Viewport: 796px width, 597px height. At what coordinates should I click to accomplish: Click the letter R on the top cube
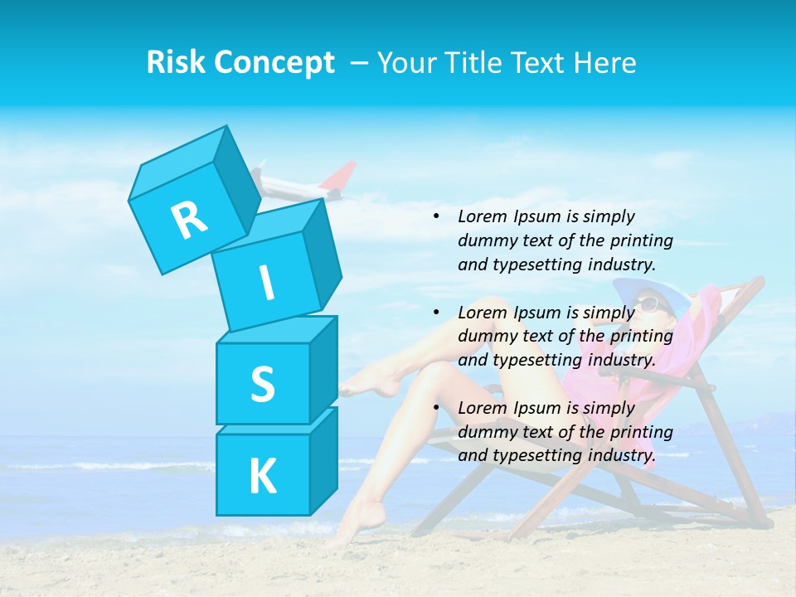(x=189, y=221)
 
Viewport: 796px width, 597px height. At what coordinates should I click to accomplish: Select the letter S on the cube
(x=262, y=384)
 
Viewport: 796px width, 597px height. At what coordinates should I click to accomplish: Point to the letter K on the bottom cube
(x=262, y=477)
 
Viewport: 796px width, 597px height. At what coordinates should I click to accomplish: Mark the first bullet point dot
(x=436, y=216)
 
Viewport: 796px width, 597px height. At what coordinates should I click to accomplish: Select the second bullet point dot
(x=436, y=312)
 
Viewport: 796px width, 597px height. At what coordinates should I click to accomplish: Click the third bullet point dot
(x=436, y=407)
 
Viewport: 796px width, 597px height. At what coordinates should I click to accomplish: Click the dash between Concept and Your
(x=359, y=63)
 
